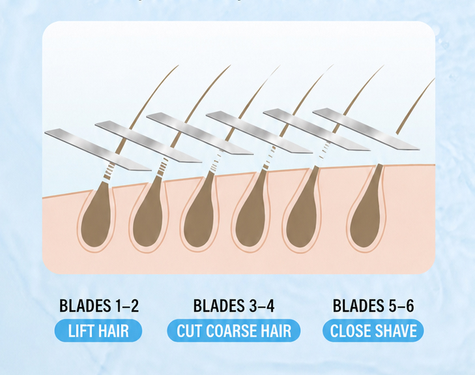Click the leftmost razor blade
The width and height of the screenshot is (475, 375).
[x=98, y=149]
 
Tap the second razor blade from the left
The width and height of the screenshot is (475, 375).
[x=149, y=142]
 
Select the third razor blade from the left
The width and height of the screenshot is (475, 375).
[x=200, y=134]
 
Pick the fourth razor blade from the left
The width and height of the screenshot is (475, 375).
[x=259, y=132]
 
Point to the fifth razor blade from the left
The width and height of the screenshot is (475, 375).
[x=317, y=129]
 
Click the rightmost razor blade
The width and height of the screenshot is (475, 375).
[x=366, y=129]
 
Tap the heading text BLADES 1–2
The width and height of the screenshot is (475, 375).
[x=99, y=306]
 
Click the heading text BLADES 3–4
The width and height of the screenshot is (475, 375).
[x=234, y=306]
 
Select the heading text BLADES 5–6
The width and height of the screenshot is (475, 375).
[x=373, y=306]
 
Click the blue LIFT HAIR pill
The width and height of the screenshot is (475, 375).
[x=98, y=331]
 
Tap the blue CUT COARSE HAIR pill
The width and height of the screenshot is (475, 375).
[x=234, y=331]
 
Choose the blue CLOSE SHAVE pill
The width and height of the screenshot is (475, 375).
[x=373, y=331]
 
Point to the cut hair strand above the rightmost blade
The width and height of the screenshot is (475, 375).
[x=416, y=106]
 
